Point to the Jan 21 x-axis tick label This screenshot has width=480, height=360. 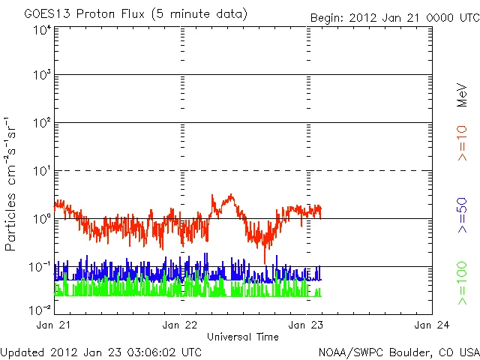click(x=54, y=325)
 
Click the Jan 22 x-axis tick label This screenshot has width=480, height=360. click(x=180, y=325)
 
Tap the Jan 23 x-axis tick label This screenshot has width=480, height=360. click(x=306, y=325)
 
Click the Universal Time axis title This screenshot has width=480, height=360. click(x=243, y=337)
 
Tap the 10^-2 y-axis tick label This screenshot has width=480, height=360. click(x=41, y=310)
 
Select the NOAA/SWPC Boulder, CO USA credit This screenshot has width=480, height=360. click(x=398, y=351)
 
